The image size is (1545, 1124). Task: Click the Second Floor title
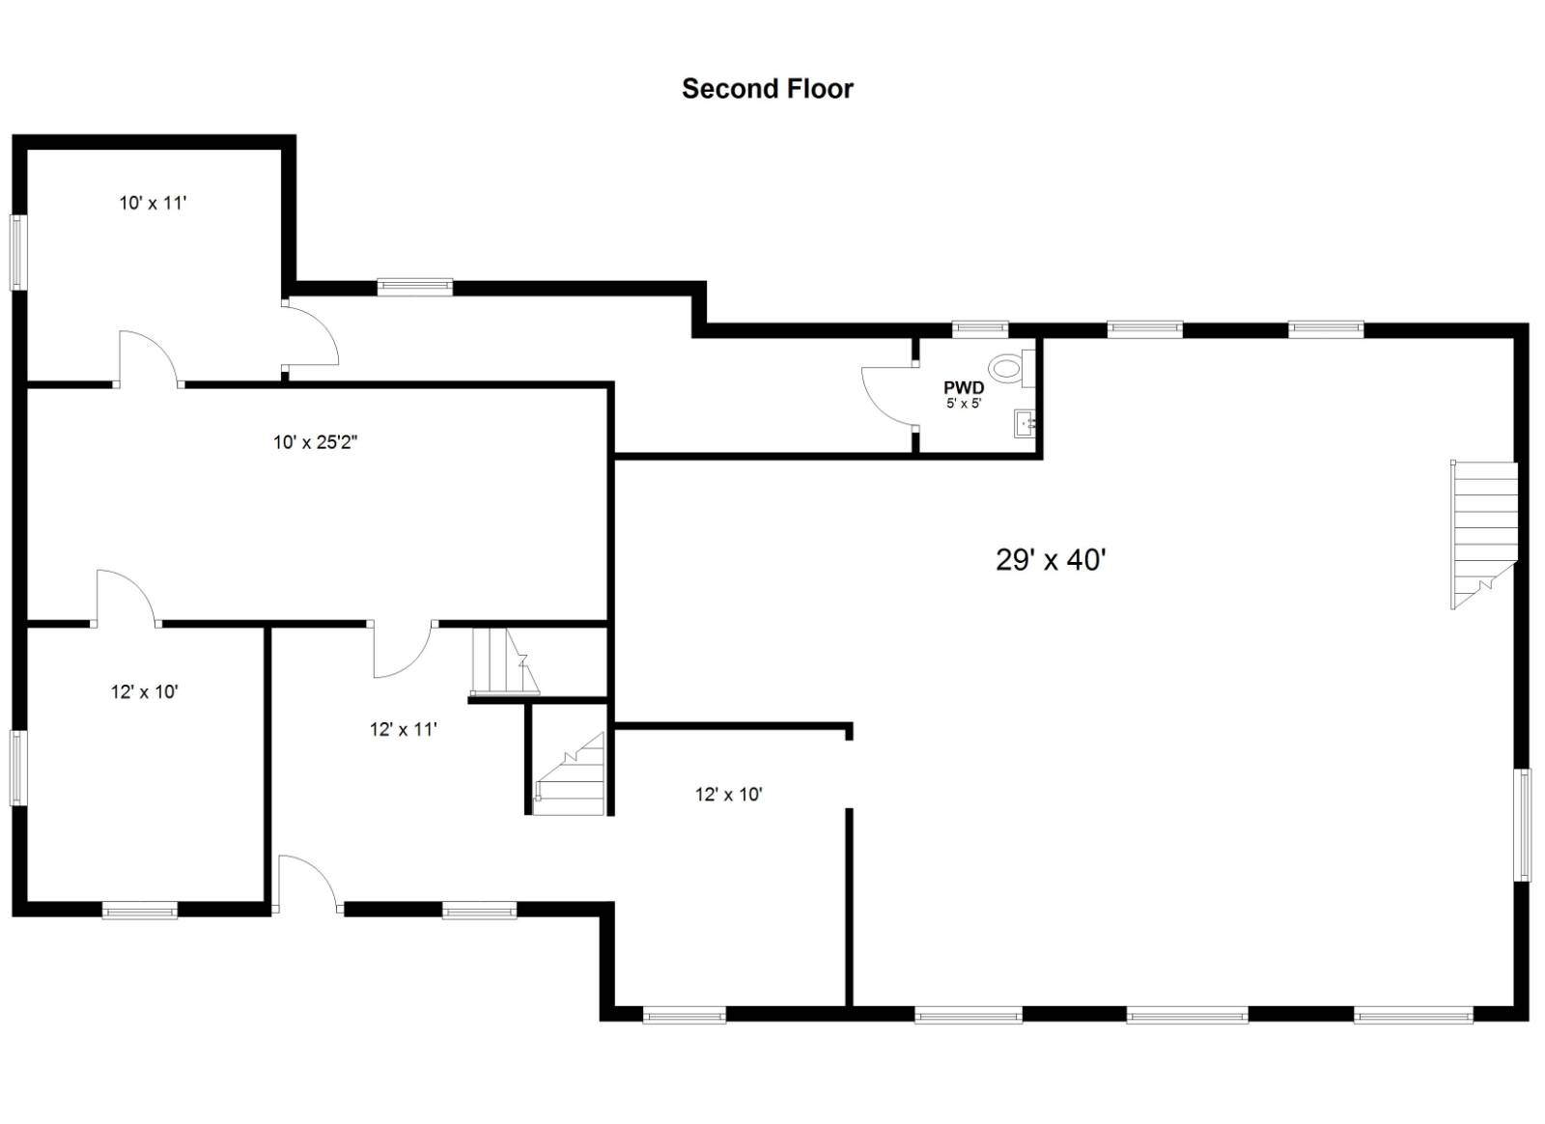point(768,89)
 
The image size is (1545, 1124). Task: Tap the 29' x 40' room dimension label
point(1051,560)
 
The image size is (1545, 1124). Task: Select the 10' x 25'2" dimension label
point(316,443)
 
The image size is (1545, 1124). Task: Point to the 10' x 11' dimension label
point(153,203)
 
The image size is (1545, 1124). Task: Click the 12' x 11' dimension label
point(404,730)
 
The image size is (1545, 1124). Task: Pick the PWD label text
point(964,388)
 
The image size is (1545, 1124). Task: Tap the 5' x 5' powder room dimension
point(964,404)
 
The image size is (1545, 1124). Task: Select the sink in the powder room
point(1025,423)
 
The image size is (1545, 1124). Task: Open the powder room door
point(888,395)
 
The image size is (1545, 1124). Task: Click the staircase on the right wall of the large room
point(1484,535)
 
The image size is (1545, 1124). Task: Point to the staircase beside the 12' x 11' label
point(505,661)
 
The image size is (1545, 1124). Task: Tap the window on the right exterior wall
point(1523,825)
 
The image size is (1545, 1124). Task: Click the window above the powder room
point(980,329)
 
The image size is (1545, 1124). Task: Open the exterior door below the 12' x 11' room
point(307,883)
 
